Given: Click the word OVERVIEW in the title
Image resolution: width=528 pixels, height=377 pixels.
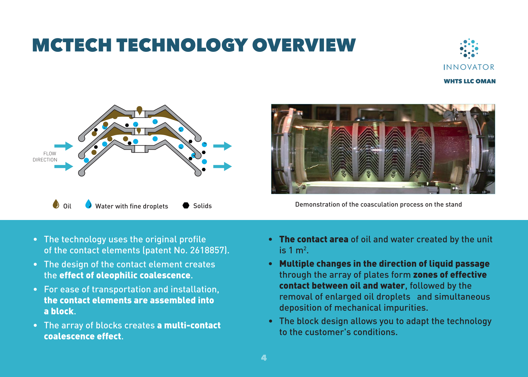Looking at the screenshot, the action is [304, 45].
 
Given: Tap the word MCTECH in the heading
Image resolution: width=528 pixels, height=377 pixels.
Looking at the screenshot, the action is [72, 45].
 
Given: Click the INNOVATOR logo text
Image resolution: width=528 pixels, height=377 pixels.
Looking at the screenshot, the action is [469, 67].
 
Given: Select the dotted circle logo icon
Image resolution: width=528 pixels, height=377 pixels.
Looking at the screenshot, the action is [469, 48].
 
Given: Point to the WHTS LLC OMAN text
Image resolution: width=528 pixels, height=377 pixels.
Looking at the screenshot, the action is [470, 81].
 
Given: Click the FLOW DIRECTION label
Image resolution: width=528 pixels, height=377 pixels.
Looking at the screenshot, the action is [45, 157].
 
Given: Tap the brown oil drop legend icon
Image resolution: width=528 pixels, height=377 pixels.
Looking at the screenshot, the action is [56, 204].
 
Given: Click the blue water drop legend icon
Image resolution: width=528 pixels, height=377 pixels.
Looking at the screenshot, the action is [88, 204].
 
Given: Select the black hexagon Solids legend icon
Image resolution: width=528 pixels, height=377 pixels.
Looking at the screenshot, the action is [186, 205].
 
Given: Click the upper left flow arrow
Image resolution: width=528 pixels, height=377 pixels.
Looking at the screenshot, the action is [64, 146].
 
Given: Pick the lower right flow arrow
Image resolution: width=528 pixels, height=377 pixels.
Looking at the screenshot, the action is [223, 166].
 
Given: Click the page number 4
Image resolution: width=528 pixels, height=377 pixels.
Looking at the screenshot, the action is [264, 358].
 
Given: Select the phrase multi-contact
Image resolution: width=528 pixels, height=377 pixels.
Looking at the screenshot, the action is [192, 325].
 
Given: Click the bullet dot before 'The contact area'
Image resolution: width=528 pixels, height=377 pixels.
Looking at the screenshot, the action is [271, 239].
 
